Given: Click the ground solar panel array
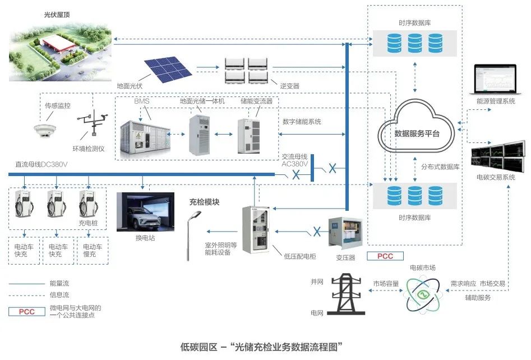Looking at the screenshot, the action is [x=168, y=69].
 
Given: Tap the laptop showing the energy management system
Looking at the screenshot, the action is [x=495, y=79].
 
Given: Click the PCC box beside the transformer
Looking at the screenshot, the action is [x=385, y=256].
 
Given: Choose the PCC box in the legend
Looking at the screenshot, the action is [x=27, y=312].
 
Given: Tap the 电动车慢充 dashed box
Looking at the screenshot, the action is [x=93, y=251].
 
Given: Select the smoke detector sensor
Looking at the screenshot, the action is [x=45, y=131].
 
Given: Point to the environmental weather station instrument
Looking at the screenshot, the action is [x=93, y=122].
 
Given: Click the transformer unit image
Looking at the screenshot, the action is [x=345, y=234].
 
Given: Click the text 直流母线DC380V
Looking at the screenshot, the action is [x=41, y=165].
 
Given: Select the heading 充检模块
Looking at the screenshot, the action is [x=204, y=202].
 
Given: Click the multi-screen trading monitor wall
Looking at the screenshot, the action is [x=498, y=156].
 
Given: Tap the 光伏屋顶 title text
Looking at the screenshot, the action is [x=57, y=15].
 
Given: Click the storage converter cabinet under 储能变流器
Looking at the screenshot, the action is [x=249, y=136].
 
